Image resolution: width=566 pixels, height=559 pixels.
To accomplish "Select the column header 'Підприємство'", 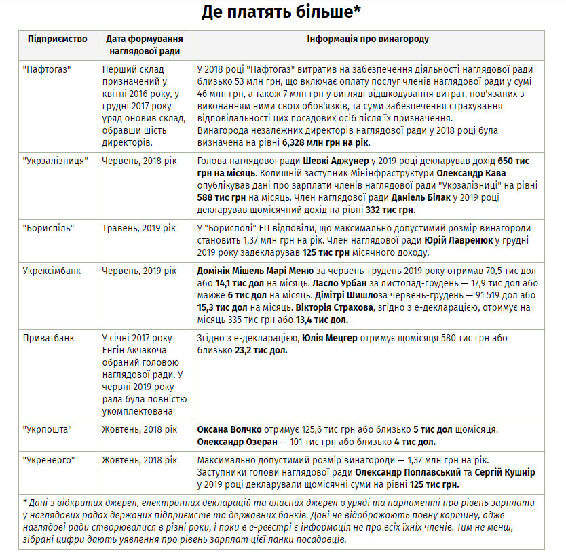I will tap(58, 39).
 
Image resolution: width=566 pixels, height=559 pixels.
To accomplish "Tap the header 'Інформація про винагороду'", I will tap(368, 39).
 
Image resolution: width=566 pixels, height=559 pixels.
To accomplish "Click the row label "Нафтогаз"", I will tap(47, 69).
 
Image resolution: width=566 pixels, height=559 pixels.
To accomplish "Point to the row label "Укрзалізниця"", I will tap(54, 161).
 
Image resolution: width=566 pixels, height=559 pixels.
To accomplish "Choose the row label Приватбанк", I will tap(48, 337).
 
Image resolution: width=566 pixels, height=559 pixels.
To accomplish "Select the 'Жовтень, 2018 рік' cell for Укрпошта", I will tap(139, 429).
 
